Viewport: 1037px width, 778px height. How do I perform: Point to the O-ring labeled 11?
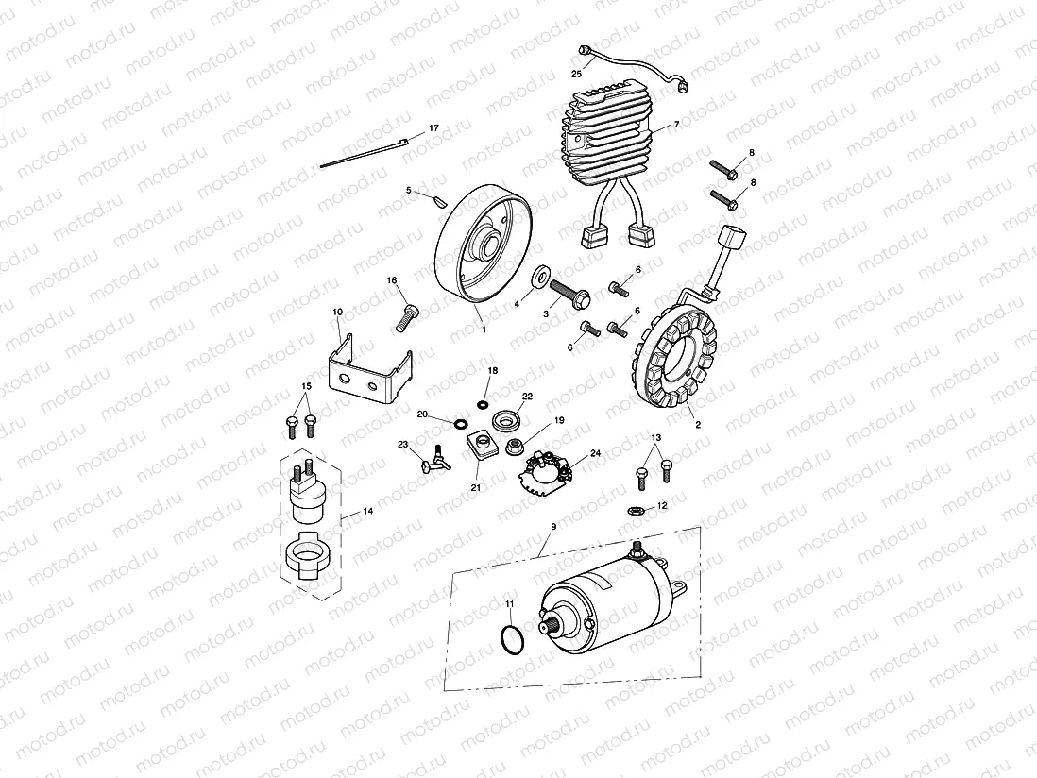511,639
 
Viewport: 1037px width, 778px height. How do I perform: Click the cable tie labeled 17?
363,153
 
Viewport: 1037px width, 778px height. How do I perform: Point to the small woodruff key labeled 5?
437,198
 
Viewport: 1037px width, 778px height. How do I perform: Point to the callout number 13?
656,438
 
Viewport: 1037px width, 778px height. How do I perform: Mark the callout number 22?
527,397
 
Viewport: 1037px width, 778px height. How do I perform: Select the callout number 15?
305,386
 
